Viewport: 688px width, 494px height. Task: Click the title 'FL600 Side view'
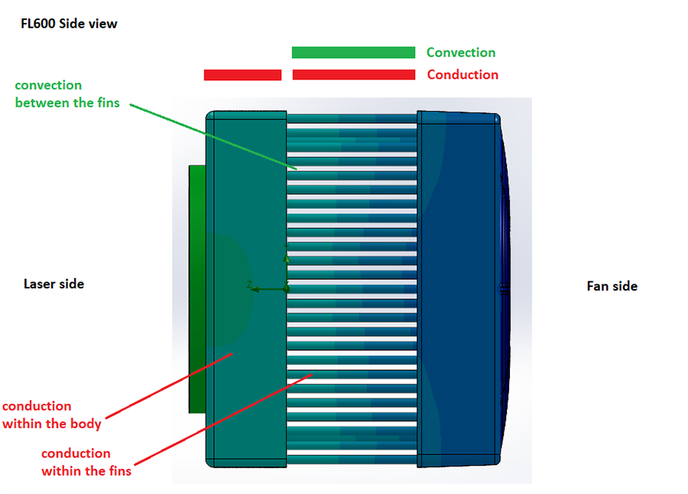coord(69,24)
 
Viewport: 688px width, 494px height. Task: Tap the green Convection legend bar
coord(353,52)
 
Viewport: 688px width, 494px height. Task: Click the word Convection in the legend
coord(461,52)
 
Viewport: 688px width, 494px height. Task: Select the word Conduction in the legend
coord(462,74)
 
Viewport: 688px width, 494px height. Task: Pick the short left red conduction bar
coord(242,75)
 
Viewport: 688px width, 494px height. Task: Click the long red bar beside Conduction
coord(353,75)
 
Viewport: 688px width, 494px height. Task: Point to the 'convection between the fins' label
coord(67,93)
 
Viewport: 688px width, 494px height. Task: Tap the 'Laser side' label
coord(54,284)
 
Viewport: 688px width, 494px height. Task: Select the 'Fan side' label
coord(612,286)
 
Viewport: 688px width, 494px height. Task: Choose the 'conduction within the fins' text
coord(86,462)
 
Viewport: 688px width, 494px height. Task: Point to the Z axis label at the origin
coord(249,284)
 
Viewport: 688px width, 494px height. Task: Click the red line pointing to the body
coord(168,385)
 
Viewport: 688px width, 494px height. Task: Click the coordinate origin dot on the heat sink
coord(286,289)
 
